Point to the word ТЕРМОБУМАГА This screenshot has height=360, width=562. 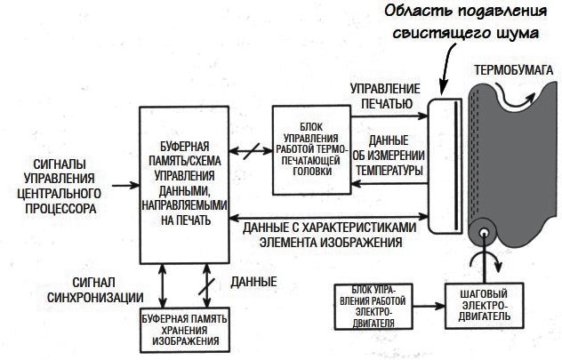click(x=513, y=69)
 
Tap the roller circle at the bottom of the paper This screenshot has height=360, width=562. click(x=483, y=236)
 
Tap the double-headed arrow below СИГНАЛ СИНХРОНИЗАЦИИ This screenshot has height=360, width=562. click(x=163, y=286)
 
